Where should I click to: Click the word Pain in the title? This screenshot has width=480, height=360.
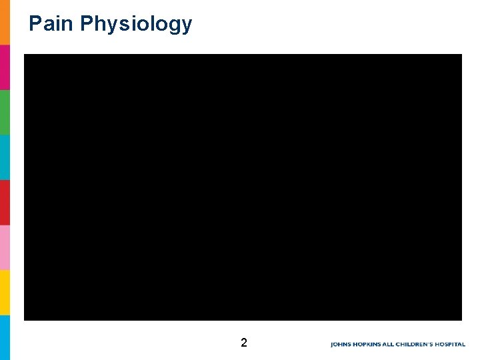coord(51,24)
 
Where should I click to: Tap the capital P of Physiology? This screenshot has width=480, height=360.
coord(86,24)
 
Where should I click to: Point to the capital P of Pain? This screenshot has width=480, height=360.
coord(35,24)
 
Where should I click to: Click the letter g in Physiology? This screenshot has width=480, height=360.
coord(173,27)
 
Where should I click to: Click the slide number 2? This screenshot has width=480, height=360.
coord(243,343)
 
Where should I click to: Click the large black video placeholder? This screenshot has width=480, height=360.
coord(243,187)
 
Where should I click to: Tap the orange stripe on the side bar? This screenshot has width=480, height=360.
coord(5,22)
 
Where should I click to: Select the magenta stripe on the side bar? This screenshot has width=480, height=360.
coord(5,67)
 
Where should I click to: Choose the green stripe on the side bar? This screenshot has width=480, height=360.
coord(5,112)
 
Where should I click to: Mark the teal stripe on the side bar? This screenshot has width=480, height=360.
coord(5,157)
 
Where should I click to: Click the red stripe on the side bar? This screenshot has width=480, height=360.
coord(5,202)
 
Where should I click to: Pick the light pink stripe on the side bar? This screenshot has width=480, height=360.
coord(5,247)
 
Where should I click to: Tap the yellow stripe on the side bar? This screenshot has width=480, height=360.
coord(5,292)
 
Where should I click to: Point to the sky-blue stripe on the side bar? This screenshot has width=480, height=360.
coord(5,337)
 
